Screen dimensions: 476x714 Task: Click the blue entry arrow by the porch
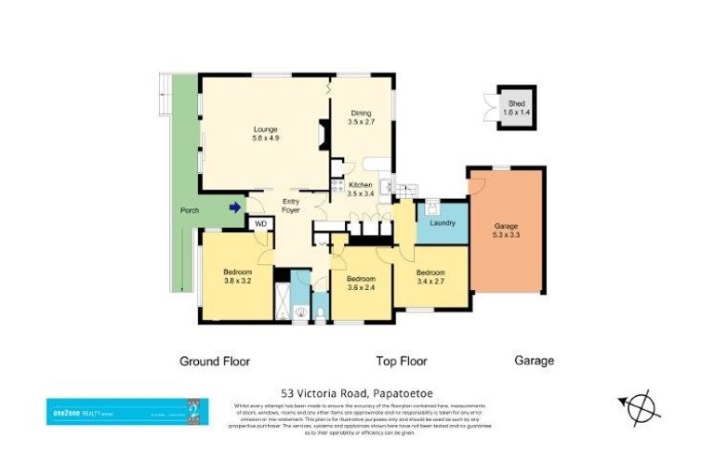tap(234, 207)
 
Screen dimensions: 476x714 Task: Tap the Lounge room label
tap(265, 133)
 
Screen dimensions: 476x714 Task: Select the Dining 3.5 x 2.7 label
tap(360, 116)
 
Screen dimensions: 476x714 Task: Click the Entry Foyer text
tap(291, 206)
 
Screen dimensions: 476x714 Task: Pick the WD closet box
tap(260, 224)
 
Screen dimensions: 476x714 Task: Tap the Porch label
tap(189, 210)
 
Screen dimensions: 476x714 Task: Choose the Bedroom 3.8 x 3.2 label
tap(238, 275)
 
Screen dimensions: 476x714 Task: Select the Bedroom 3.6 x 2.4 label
tap(360, 283)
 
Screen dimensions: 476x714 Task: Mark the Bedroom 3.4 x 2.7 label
tap(431, 276)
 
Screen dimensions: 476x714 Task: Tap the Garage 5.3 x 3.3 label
tap(506, 231)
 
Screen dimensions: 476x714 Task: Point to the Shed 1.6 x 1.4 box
tap(515, 107)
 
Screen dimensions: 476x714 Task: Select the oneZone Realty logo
tap(127, 411)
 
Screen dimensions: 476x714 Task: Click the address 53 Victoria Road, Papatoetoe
tap(356, 393)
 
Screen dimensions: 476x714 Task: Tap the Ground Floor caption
tap(214, 361)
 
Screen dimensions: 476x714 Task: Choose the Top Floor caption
tap(401, 361)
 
